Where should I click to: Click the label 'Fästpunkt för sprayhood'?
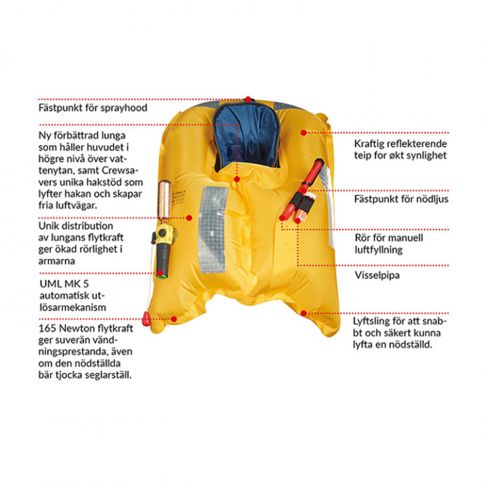point(93,108)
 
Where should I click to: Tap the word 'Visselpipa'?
point(377,275)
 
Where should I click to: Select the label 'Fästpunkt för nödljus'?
point(401,199)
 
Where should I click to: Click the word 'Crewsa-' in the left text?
point(120,171)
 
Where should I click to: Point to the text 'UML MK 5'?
point(64,284)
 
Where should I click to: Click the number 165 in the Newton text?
point(47,328)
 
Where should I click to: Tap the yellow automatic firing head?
point(164,234)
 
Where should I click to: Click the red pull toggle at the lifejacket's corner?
point(146,318)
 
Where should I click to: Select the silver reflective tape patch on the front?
point(213,229)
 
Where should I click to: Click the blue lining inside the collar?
point(247,136)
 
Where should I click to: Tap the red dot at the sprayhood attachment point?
point(248,99)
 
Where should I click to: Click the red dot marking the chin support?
point(237,179)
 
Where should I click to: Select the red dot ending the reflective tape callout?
point(304,133)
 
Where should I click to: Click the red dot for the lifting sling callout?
point(304,313)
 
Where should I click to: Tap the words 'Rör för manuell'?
point(389,238)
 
